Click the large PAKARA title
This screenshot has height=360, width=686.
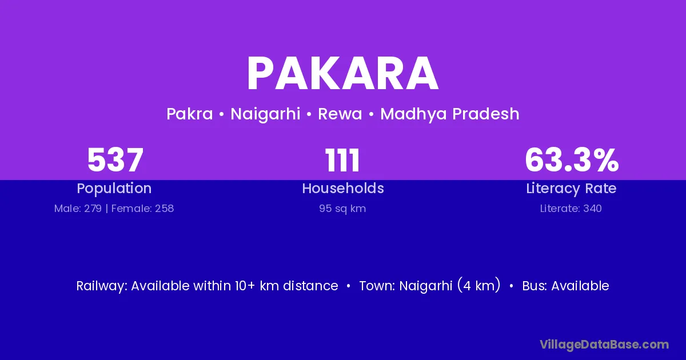[x=342, y=74]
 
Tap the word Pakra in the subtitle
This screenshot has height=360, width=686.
[x=190, y=114]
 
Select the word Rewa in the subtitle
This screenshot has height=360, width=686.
[x=340, y=114]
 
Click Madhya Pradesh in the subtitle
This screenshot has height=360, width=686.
[x=449, y=114]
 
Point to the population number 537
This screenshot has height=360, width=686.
[x=115, y=160]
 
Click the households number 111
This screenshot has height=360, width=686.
[x=342, y=160]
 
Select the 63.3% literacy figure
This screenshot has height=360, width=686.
[x=572, y=160]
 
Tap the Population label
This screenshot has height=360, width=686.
[x=114, y=189]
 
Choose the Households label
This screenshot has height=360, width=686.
[x=343, y=188]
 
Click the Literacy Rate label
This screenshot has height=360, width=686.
[x=571, y=189]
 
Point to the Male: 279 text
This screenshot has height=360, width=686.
[x=78, y=209]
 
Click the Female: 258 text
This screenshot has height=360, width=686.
[x=142, y=209]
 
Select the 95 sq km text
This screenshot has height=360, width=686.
[x=342, y=209]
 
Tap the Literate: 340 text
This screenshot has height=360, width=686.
[x=571, y=209]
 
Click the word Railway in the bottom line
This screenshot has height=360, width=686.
[x=102, y=286]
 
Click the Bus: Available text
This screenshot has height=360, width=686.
[x=565, y=286]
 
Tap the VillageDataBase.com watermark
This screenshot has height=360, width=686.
[x=605, y=345]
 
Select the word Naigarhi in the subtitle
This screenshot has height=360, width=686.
[x=265, y=114]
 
